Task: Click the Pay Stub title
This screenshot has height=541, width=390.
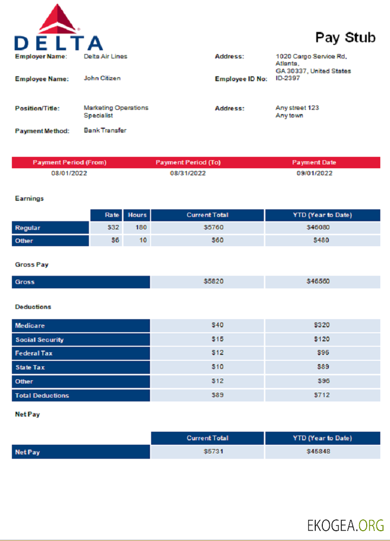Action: point(345,37)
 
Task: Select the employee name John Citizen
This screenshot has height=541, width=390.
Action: point(102,78)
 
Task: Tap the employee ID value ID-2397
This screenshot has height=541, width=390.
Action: point(288,78)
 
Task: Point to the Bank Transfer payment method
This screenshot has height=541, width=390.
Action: point(105,130)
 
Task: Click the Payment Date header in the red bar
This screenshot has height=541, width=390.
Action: point(314,162)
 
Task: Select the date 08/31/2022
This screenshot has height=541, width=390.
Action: point(188,173)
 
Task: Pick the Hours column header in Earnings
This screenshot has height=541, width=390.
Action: point(137,215)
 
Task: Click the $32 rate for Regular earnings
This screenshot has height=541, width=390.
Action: point(113,228)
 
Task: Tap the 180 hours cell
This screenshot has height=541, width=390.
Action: point(141,228)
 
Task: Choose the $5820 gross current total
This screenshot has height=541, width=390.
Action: point(213,281)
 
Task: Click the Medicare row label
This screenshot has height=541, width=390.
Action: point(30,326)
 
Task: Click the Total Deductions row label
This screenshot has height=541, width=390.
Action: point(42,395)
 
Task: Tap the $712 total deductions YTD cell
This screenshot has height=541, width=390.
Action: point(322,395)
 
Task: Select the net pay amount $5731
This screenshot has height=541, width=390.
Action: point(213,452)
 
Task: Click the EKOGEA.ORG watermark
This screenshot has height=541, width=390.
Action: point(346,525)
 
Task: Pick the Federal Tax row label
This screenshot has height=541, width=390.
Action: point(34,353)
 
